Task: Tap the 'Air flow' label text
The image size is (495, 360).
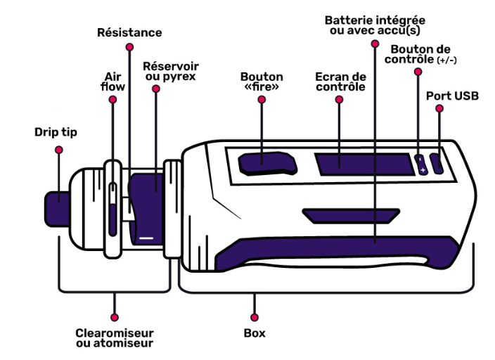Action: coord(114,82)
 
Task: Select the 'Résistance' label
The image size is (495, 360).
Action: coord(129,32)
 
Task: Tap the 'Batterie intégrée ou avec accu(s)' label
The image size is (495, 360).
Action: coord(375,25)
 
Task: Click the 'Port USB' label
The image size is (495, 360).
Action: coord(452,94)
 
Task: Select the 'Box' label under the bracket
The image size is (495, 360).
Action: coord(255,333)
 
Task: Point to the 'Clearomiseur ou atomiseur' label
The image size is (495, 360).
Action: coord(114,337)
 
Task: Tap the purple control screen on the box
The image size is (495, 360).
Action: coord(362,163)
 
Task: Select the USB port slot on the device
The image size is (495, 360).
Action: coord(437,164)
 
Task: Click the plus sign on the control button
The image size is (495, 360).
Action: coord(423,169)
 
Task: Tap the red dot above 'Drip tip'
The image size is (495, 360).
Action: coord(58,149)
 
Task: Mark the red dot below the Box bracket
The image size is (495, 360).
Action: coord(254,317)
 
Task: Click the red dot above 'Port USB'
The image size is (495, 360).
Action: coord(439,109)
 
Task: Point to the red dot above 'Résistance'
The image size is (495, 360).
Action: coord(129,47)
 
